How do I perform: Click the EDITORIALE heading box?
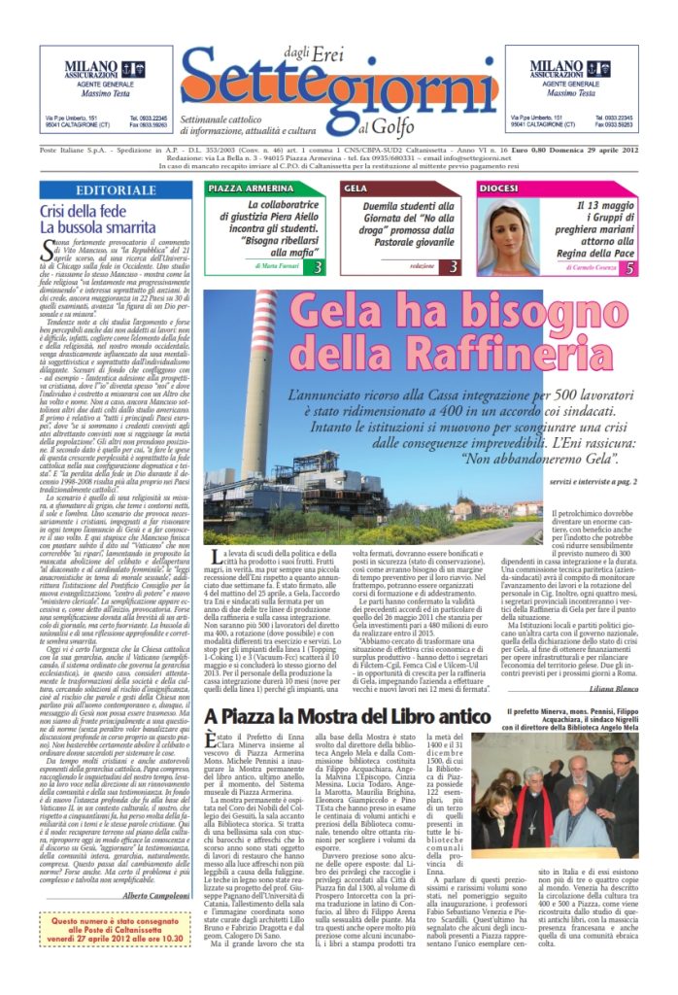point(116,190)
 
